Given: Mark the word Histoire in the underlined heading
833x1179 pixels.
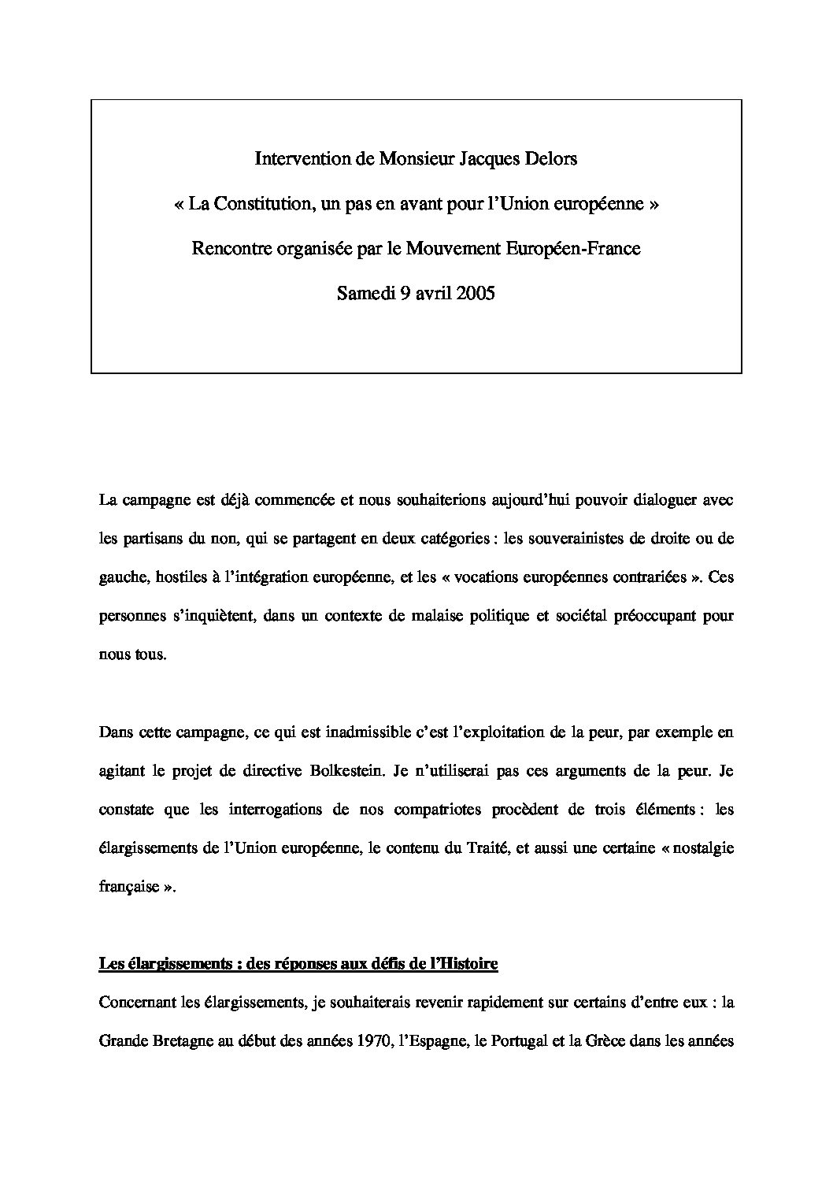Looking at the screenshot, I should pos(467,964).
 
